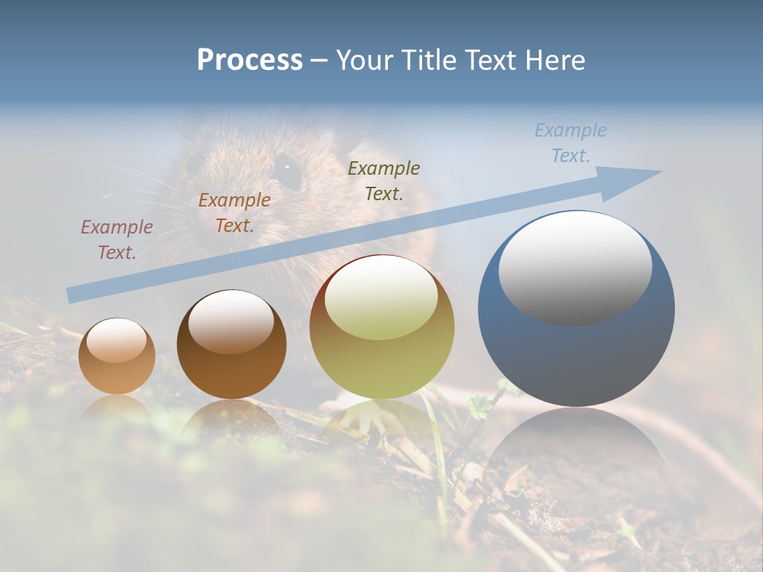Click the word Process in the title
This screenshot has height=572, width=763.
[x=250, y=60]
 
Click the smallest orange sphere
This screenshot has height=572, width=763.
[x=117, y=357]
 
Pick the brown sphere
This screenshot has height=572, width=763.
[x=231, y=345]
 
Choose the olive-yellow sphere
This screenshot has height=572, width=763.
[x=382, y=327]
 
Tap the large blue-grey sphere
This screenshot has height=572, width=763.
[x=576, y=309]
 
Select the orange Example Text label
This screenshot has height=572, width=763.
[x=234, y=213]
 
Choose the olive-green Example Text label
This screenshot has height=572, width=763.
[x=384, y=180]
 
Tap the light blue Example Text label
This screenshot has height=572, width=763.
[x=571, y=143]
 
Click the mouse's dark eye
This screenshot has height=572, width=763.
[x=286, y=169]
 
